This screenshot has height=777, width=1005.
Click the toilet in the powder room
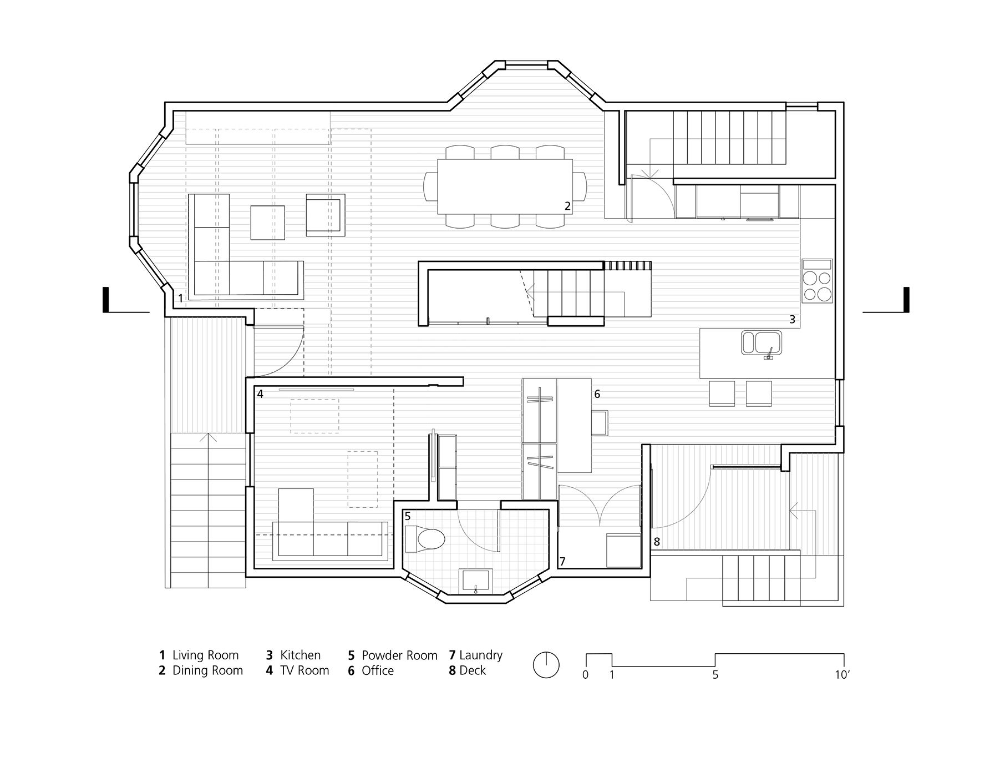point(425,539)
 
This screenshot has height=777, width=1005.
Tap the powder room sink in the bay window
point(475,581)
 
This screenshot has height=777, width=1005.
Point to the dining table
point(505,186)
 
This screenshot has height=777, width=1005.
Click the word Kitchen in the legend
point(300,655)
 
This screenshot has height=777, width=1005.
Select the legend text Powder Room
point(399,655)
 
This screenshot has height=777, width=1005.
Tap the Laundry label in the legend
point(481,655)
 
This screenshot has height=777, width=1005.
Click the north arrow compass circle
point(546,665)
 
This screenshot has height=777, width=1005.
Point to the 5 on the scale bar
point(715,675)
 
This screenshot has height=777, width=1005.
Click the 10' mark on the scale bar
point(841,675)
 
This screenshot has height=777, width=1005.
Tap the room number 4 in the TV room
point(260,394)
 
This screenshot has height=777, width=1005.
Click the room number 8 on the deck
point(657,542)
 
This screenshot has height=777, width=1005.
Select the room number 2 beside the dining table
point(567,206)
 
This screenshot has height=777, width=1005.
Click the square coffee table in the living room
point(268,223)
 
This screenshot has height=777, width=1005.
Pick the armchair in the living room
point(326,213)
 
